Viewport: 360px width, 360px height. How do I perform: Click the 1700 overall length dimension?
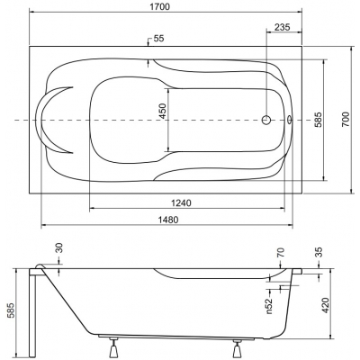pos(163,7)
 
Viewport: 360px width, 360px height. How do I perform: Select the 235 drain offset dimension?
pos(283,27)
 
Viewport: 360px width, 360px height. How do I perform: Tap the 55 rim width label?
pos(158,39)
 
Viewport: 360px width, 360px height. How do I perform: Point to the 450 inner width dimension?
pos(162,111)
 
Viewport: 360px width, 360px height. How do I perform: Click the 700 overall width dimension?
pos(346,119)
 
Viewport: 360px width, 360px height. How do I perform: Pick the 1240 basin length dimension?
pos(181,203)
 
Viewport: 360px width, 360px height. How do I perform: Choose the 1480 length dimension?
pos(169,220)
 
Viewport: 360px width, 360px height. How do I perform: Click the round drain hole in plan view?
pos(266,120)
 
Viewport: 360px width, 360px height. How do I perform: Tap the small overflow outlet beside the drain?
pos(290,120)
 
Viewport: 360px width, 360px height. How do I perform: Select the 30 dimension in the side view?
pos(59,247)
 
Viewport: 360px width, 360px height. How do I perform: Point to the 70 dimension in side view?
pos(281,253)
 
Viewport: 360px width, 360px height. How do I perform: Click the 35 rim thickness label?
pos(319,252)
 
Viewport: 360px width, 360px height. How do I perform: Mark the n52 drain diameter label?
pos(269,305)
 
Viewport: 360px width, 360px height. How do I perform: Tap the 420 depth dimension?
pos(325,305)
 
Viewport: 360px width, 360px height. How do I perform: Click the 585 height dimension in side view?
pos(11,310)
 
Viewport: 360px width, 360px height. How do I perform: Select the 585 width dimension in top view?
pos(318,120)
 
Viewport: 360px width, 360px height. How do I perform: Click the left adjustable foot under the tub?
pos(113,347)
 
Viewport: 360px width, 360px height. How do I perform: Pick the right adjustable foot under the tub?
pos(238,347)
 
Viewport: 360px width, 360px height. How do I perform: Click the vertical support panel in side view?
pos(32,313)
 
